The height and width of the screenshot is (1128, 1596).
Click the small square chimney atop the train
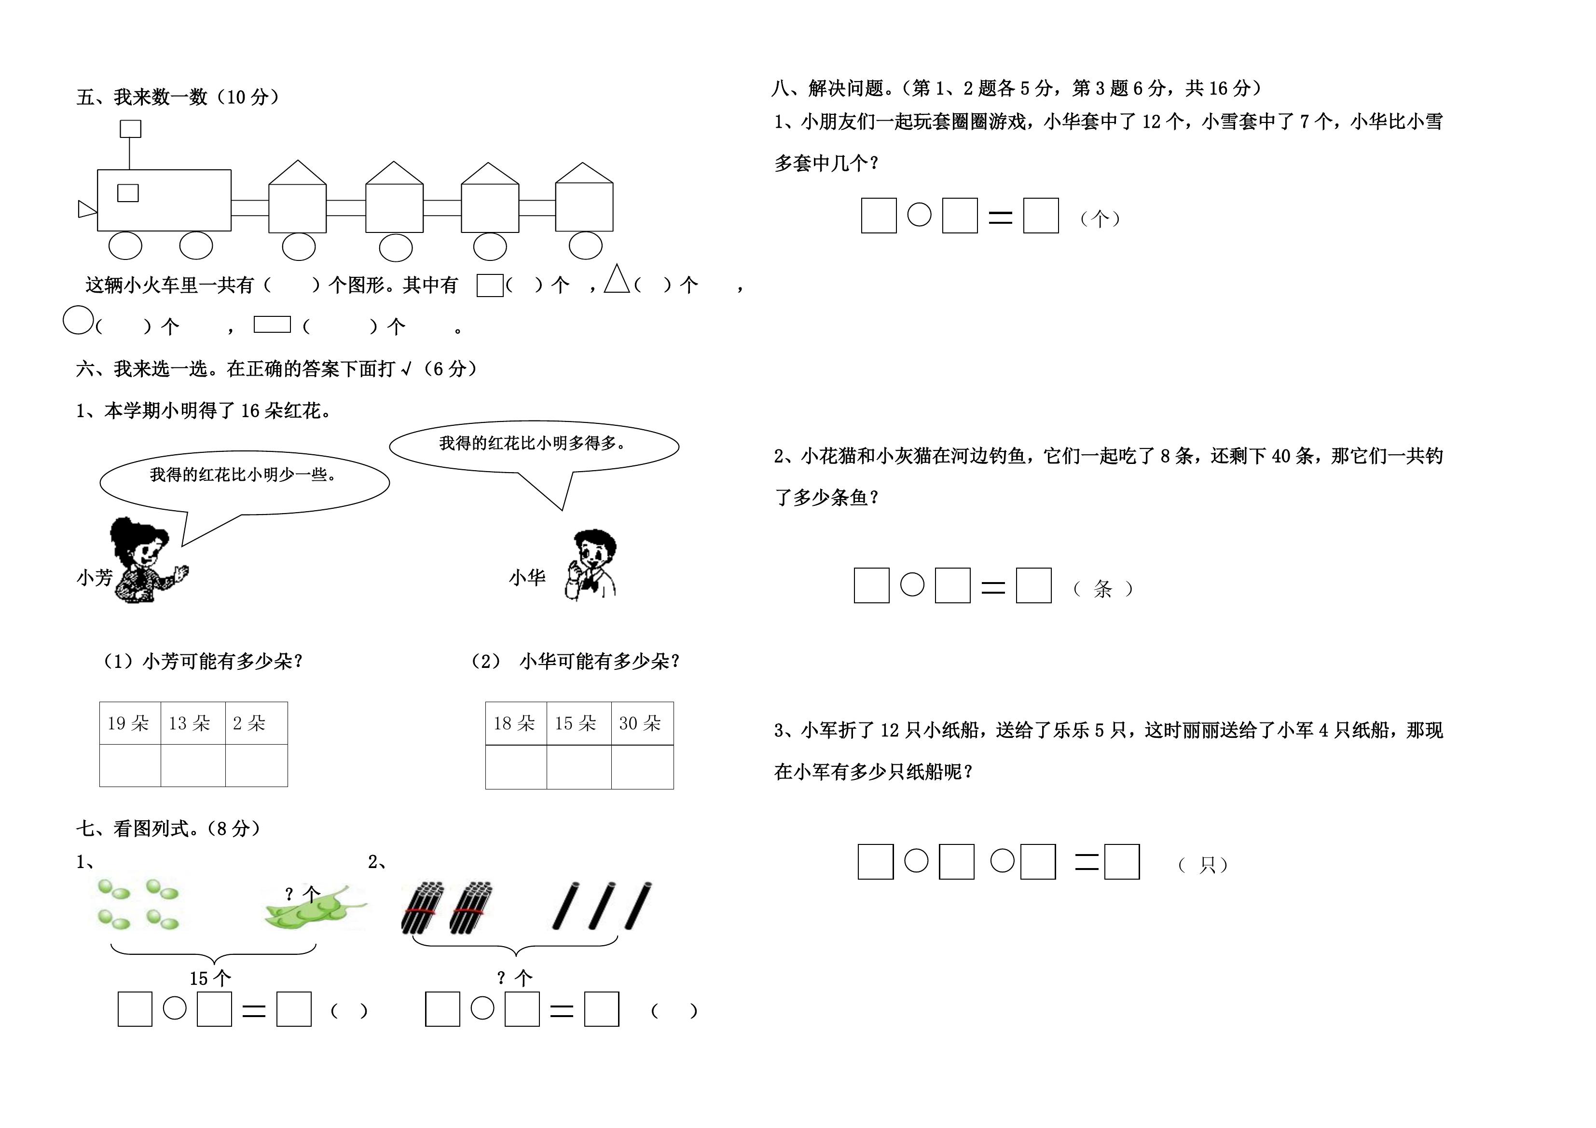coord(131,129)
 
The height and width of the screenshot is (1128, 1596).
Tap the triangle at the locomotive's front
coord(86,208)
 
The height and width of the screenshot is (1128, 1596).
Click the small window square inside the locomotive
coord(128,192)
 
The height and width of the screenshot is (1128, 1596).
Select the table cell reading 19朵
coord(130,723)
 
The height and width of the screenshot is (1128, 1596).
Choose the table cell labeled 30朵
coord(642,723)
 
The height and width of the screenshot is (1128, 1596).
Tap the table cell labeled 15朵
coord(579,723)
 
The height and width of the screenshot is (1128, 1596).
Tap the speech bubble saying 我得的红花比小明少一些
coord(245,487)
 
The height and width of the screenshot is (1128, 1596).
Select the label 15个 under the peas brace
coord(210,979)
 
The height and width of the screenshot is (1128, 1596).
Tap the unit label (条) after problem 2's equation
coord(1103,589)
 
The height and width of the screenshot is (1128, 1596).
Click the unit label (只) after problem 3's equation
coord(1204,865)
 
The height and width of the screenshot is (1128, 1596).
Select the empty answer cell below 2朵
coord(257,766)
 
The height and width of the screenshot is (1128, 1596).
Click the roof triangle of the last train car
coord(584,173)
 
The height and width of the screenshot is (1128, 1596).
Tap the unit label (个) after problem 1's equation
coord(1100,219)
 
